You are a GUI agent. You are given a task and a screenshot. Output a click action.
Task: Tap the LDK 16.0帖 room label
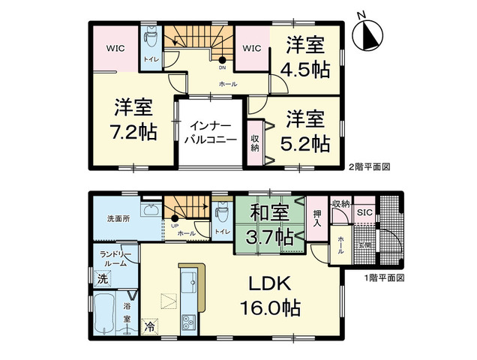point(271,296)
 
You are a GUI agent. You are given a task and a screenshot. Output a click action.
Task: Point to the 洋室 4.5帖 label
point(307,58)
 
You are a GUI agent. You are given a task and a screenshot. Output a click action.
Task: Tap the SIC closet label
point(365,212)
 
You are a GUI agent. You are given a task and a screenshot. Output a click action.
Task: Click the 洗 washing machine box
point(101,279)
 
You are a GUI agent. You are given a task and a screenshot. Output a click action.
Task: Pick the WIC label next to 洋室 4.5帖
point(251,49)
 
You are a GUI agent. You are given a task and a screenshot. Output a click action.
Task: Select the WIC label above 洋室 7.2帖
point(115,49)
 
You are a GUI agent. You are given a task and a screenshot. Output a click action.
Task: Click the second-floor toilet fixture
point(150,35)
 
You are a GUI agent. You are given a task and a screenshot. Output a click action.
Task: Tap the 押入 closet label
point(316,219)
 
